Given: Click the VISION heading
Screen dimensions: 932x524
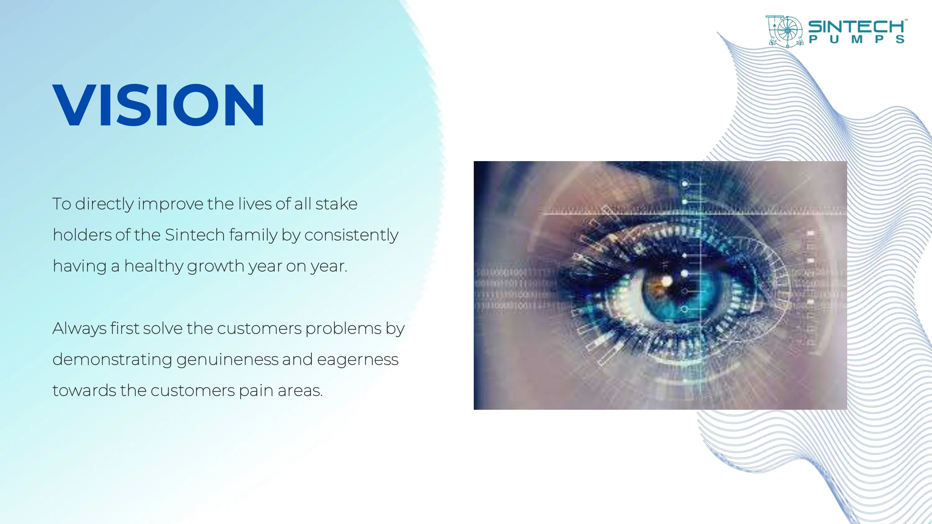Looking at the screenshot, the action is (x=158, y=105).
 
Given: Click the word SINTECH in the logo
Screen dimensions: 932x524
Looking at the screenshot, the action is (x=857, y=26).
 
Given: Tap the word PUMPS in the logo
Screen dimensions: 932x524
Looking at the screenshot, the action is (x=857, y=39).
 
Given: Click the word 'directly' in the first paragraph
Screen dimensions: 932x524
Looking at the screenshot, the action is (x=104, y=204).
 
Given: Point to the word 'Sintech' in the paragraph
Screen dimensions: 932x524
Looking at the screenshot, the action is (x=195, y=235).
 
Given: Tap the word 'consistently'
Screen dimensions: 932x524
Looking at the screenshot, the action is (x=351, y=235).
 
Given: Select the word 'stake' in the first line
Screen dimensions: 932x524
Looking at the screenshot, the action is (x=336, y=204).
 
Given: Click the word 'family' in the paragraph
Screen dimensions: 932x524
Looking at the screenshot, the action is (x=253, y=235).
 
